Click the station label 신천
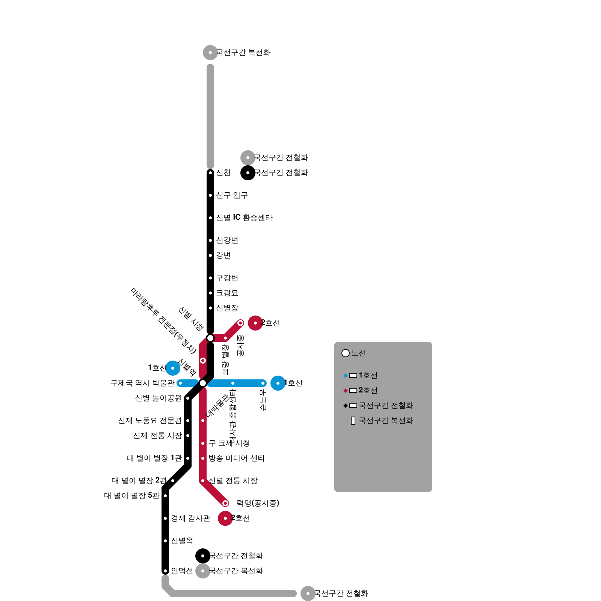[223, 173]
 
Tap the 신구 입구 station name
[231, 195]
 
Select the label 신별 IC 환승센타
[244, 218]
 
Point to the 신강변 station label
[227, 240]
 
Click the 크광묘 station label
[227, 293]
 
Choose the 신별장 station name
[227, 308]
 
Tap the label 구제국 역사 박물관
[142, 383]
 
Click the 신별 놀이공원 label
[158, 398]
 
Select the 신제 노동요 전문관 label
[150, 421]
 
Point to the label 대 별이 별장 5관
[131, 496]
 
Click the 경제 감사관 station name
[190, 518]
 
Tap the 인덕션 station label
[182, 571]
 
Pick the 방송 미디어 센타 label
[237, 458]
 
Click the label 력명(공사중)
[258, 503]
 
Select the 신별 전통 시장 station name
[233, 481]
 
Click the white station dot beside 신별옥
[165, 541]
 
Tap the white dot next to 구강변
[210, 278]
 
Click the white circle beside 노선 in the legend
[346, 353]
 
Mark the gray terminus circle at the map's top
[210, 53]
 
